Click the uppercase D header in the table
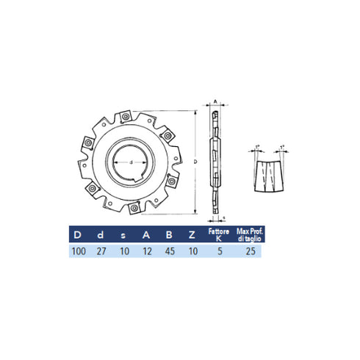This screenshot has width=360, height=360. (x=78, y=235)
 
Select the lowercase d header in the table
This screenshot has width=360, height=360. (x=101, y=235)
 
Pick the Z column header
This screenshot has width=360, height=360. (x=191, y=235)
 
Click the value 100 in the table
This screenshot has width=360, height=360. (x=79, y=251)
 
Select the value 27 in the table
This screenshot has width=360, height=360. (x=101, y=251)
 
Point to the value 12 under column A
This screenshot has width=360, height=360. (x=146, y=251)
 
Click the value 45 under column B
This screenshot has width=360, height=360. (x=169, y=251)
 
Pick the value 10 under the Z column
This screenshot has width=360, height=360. (x=191, y=251)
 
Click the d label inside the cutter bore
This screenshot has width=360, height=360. (x=131, y=162)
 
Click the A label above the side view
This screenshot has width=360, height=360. (x=215, y=102)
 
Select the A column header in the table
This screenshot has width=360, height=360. (x=146, y=235)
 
